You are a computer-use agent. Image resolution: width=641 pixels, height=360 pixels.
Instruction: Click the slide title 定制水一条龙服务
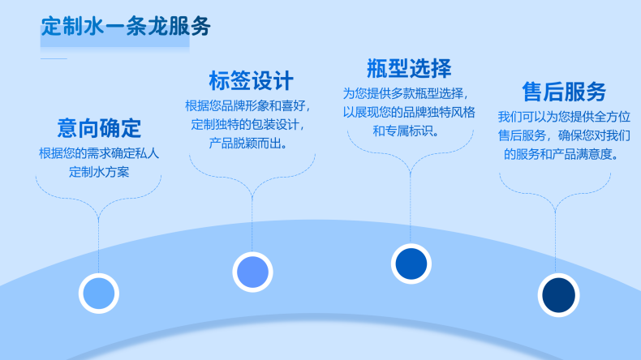126,27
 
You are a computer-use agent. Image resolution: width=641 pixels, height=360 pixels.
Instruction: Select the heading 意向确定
99,128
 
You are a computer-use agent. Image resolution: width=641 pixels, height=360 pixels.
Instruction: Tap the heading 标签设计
251,80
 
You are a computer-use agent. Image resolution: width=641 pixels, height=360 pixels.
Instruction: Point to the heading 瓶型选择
409,68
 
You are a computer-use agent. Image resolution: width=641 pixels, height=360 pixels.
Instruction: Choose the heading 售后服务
564,91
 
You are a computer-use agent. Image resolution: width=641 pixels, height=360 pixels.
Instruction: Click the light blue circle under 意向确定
99,294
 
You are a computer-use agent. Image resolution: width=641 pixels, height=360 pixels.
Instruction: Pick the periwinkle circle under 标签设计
252,272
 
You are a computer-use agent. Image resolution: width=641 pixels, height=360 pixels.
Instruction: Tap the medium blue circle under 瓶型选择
411,264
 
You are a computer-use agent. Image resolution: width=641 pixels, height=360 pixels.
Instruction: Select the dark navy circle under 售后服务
558,295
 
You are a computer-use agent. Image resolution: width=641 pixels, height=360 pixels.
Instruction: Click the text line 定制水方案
99,172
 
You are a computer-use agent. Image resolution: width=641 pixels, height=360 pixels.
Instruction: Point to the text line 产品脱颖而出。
248,143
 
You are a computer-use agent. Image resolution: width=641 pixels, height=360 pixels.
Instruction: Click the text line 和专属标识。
407,131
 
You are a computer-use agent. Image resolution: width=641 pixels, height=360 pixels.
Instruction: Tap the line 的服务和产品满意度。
561,154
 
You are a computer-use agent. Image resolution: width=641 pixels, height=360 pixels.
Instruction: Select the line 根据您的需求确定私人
99,153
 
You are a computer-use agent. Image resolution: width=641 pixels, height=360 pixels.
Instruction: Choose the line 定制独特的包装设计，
248,124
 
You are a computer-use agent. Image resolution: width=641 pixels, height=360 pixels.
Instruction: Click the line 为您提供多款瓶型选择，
406,93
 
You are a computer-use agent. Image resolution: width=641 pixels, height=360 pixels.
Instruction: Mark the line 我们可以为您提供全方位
564,117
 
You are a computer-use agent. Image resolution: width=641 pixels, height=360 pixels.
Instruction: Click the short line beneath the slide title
54,59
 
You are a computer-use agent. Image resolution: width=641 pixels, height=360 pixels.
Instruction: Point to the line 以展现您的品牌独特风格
409,112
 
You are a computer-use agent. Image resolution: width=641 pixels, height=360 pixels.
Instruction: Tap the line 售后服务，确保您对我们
564,135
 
